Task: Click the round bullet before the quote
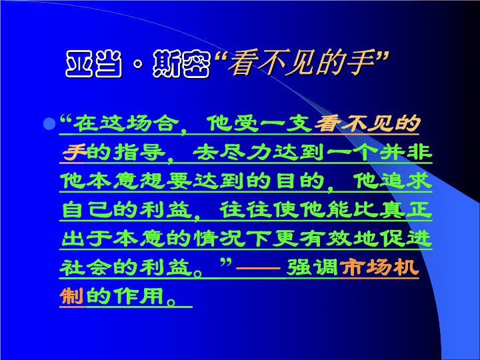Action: (49, 124)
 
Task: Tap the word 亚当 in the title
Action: (94, 64)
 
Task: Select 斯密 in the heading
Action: (181, 64)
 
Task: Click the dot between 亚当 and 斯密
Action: (139, 64)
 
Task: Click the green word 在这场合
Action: (126, 123)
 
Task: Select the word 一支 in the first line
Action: (286, 123)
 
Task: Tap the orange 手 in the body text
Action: (73, 151)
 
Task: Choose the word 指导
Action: (139, 151)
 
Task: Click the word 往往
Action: (245, 209)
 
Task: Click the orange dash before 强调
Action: (258, 268)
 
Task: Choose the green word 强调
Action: (312, 267)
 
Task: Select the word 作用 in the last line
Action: (139, 296)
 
